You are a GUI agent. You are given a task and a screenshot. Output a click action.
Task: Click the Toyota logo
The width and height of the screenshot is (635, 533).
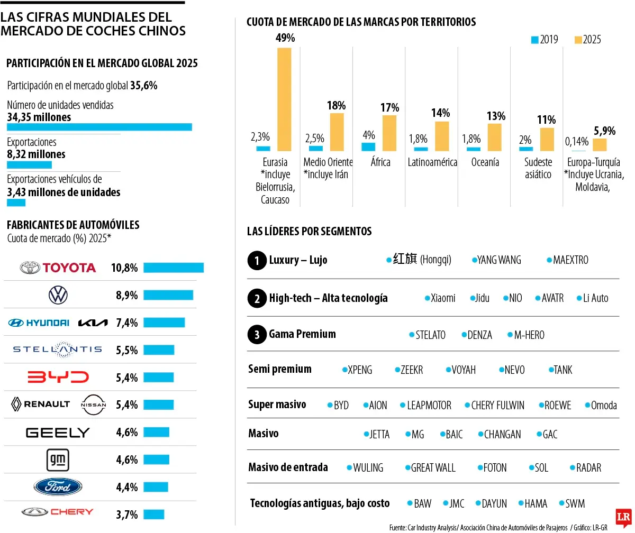(x=58, y=268)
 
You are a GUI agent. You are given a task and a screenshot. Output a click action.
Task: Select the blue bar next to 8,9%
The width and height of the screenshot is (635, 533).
(x=168, y=295)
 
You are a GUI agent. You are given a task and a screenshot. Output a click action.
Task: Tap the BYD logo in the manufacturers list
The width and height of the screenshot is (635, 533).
(x=58, y=378)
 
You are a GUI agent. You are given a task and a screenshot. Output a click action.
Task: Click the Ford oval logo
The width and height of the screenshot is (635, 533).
(x=58, y=487)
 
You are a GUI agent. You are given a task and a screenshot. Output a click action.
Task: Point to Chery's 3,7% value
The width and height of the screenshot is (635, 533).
(x=126, y=514)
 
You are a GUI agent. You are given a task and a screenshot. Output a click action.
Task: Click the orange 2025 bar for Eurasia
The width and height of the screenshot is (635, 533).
(x=284, y=99)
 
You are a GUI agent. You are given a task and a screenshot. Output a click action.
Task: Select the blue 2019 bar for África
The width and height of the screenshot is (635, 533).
(x=368, y=147)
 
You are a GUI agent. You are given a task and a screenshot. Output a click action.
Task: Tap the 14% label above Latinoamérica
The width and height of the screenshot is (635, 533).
(x=440, y=113)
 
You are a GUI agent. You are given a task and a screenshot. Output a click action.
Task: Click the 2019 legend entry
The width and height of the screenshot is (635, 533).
(x=544, y=40)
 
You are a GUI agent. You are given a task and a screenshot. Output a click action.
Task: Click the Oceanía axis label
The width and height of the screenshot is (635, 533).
(x=485, y=162)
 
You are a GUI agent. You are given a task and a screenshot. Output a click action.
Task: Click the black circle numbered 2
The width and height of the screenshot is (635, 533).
(x=257, y=299)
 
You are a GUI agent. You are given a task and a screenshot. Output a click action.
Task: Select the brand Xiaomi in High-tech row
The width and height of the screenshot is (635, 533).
(x=442, y=298)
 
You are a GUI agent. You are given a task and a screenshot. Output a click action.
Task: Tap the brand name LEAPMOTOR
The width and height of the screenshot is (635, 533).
(x=429, y=406)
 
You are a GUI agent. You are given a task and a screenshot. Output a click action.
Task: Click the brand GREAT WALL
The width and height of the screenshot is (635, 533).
(x=433, y=468)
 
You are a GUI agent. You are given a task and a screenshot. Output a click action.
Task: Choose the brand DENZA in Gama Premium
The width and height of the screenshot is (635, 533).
(x=479, y=335)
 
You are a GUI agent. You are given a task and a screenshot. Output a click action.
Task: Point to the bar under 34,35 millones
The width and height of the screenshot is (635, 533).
(x=99, y=127)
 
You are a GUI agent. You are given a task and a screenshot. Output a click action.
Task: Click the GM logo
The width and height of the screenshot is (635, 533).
(x=58, y=460)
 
